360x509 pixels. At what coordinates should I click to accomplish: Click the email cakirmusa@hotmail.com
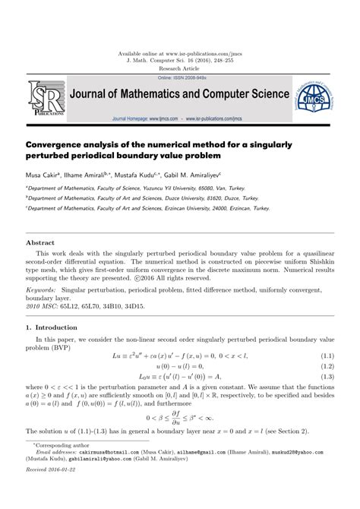(x=108, y=471)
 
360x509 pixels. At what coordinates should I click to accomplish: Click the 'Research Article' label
(x=180, y=67)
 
